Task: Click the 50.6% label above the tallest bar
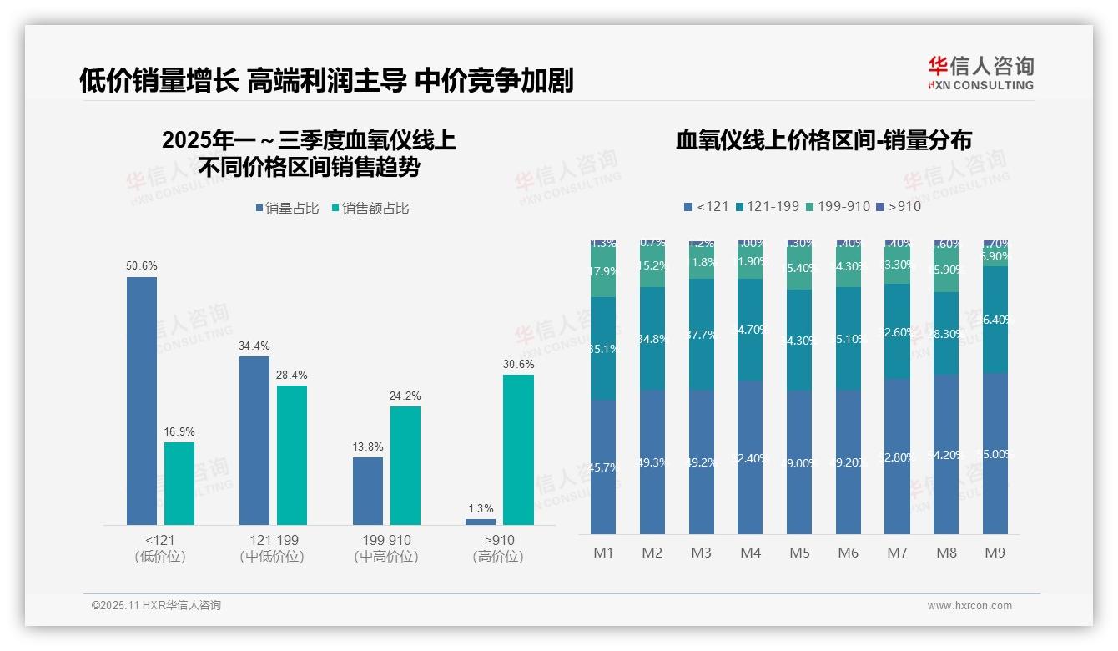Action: [x=142, y=266]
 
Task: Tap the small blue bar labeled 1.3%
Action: [x=481, y=522]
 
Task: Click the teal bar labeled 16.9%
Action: [x=179, y=483]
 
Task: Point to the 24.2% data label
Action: [x=405, y=396]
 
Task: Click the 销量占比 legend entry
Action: [x=287, y=209]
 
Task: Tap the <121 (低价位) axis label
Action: [x=159, y=548]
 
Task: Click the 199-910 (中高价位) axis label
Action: [x=385, y=548]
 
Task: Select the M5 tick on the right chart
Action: [x=799, y=553]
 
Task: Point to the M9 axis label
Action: [x=995, y=553]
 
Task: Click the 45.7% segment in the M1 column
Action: [x=603, y=467]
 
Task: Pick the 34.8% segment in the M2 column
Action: [x=652, y=339]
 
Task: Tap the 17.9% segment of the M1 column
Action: [x=603, y=272]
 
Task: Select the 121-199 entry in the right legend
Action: [x=767, y=206]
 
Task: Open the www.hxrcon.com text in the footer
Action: [x=969, y=606]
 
